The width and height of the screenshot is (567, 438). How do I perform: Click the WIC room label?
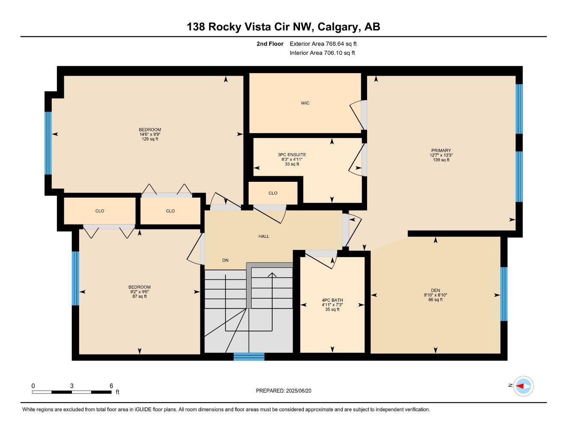[305, 103]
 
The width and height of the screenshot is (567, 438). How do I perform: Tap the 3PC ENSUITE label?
[292, 154]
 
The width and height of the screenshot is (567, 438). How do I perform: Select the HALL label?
[264, 236]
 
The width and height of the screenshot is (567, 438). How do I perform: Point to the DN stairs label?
[225, 260]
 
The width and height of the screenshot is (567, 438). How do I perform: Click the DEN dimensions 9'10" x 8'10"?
[435, 295]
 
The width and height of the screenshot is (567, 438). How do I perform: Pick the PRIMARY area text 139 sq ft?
[441, 160]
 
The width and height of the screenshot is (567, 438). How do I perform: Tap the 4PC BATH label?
[332, 300]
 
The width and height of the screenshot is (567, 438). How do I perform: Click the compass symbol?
[523, 386]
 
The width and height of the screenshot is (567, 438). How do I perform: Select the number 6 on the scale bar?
[111, 386]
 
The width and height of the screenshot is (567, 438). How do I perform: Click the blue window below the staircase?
[249, 356]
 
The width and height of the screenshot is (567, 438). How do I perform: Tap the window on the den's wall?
[504, 294]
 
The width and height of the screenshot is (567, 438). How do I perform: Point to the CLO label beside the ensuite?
[273, 193]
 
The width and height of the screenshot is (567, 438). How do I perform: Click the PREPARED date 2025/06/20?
[299, 391]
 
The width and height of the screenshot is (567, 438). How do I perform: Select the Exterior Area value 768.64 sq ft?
[341, 44]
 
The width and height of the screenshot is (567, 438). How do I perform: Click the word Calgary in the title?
[338, 27]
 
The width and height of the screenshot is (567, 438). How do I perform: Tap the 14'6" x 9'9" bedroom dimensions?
[150, 134]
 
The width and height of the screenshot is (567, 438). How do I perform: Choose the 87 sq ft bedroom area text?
[140, 296]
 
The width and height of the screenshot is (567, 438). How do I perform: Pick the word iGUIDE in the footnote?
[143, 409]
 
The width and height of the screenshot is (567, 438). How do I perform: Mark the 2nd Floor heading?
[270, 44]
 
